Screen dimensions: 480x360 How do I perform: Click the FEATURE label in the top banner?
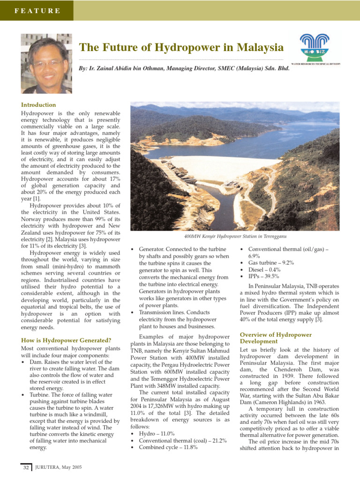pyautogui.click(x=37, y=10)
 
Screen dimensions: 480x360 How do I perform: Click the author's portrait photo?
pyautogui.click(x=46, y=63)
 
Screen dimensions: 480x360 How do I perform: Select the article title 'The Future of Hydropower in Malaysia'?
pyautogui.click(x=181, y=47)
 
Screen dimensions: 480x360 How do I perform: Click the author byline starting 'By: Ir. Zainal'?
pyautogui.click(x=184, y=68)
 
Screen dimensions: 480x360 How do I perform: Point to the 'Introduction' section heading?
pyautogui.click(x=39, y=105)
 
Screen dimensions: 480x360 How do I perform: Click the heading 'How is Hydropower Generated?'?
pyautogui.click(x=66, y=340)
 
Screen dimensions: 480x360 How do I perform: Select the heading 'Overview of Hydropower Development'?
pyautogui.click(x=276, y=338)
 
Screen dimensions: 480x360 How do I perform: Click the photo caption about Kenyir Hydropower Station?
pyautogui.click(x=235, y=237)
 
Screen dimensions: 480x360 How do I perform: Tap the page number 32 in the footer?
pyautogui.click(x=26, y=467)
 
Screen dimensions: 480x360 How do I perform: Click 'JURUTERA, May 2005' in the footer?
pyautogui.click(x=59, y=467)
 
